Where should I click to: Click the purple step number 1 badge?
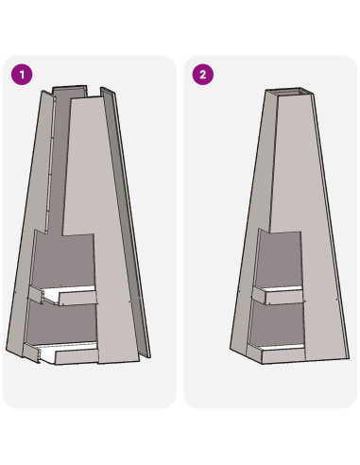[x=22, y=75]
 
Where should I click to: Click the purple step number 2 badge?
[x=203, y=75]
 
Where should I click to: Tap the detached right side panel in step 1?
[x=126, y=220]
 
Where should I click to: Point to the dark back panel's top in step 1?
[x=69, y=90]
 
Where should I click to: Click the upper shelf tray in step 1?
[x=63, y=295]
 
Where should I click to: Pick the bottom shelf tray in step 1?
[x=61, y=353]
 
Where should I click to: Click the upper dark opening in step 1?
[x=64, y=259]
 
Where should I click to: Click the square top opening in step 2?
[x=289, y=92]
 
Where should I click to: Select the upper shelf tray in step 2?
[x=278, y=295]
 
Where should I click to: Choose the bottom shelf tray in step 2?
[x=276, y=353]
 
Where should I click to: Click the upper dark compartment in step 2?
[x=279, y=259]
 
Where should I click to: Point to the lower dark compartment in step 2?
[x=277, y=324]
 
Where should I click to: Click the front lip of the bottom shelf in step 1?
[x=77, y=357]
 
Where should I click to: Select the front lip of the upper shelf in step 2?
[x=284, y=298]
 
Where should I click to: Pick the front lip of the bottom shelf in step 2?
[x=283, y=356]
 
